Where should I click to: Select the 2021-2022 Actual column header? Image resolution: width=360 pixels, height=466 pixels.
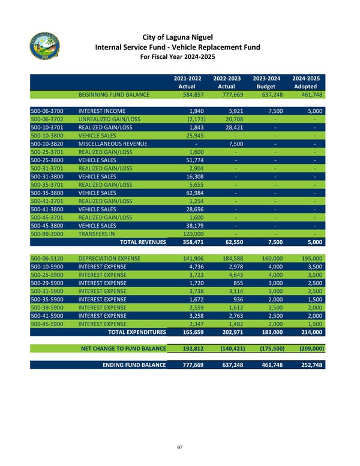[188, 82]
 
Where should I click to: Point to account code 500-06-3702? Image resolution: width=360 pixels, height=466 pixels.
[46, 120]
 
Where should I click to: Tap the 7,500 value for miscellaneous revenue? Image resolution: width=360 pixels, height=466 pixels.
[233, 144]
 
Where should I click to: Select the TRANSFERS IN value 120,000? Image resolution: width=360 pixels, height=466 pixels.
[191, 234]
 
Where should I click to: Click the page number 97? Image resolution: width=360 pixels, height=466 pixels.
[179, 447]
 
